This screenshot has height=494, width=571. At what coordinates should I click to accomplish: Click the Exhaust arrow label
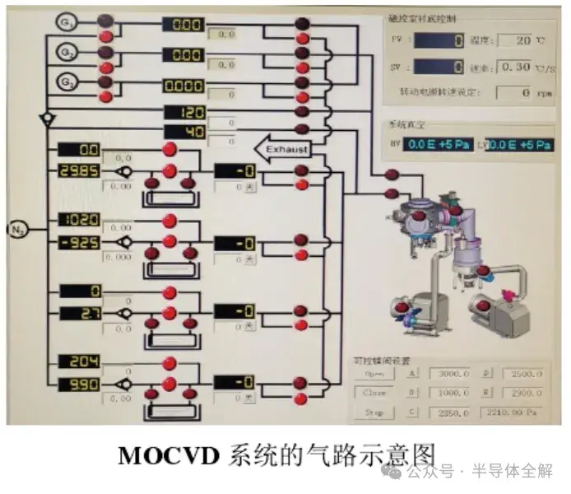pyautogui.click(x=281, y=149)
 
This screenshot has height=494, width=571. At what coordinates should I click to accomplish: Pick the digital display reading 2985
pyautogui.click(x=78, y=170)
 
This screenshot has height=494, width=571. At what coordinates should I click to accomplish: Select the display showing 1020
pyautogui.click(x=78, y=220)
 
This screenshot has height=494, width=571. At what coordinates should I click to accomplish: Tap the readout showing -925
pyautogui.click(x=78, y=242)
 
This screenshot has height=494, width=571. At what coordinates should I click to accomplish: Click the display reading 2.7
pyautogui.click(x=78, y=313)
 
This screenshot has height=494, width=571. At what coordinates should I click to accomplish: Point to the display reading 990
pyautogui.click(x=78, y=384)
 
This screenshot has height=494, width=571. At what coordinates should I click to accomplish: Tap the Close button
pyautogui.click(x=374, y=394)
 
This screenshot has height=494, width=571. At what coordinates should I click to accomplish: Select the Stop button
pyautogui.click(x=374, y=413)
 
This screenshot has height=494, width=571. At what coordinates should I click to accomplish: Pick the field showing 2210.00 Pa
pyautogui.click(x=515, y=413)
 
